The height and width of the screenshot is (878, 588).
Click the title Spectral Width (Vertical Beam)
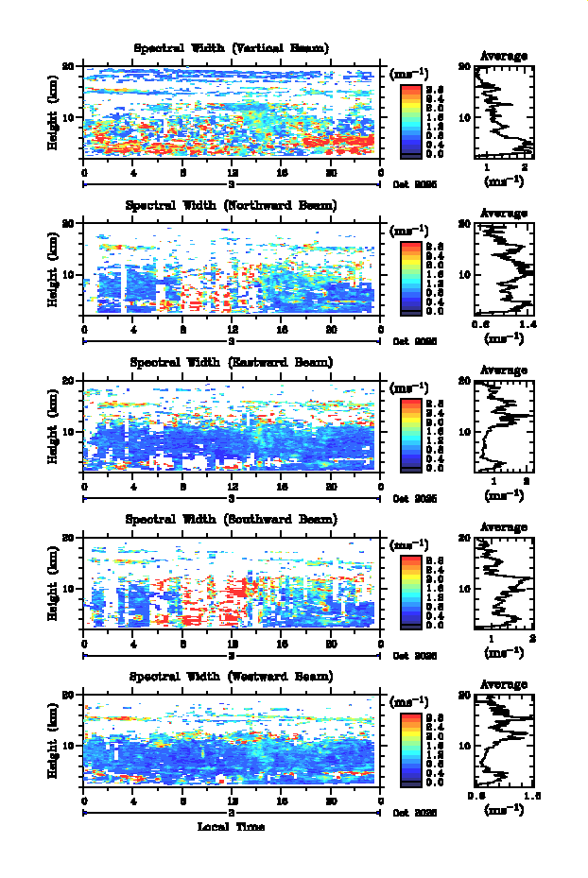pyautogui.click(x=231, y=48)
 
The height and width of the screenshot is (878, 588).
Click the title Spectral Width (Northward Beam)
pyautogui.click(x=231, y=205)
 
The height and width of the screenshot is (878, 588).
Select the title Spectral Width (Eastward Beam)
pyautogui.click(x=231, y=362)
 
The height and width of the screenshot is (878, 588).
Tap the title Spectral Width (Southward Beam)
pyautogui.click(x=231, y=519)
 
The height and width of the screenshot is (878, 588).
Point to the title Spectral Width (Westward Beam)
pyautogui.click(x=231, y=677)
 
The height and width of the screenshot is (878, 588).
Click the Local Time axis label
pyautogui.click(x=231, y=827)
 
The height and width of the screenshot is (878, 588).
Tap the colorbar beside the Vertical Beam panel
pyautogui.click(x=410, y=119)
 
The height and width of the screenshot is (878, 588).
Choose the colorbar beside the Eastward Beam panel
pyautogui.click(x=410, y=433)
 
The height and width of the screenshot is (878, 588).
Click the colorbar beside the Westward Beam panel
pyautogui.click(x=410, y=748)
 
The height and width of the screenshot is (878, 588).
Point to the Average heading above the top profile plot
pyautogui.click(x=504, y=56)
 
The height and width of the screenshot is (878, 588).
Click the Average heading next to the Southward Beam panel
pyautogui.click(x=504, y=526)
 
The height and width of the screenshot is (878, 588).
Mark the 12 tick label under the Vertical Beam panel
pyautogui.click(x=233, y=172)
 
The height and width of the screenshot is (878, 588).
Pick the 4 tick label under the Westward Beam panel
pyautogui.click(x=133, y=801)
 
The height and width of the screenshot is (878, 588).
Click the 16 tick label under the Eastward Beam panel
pyautogui.click(x=282, y=486)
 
